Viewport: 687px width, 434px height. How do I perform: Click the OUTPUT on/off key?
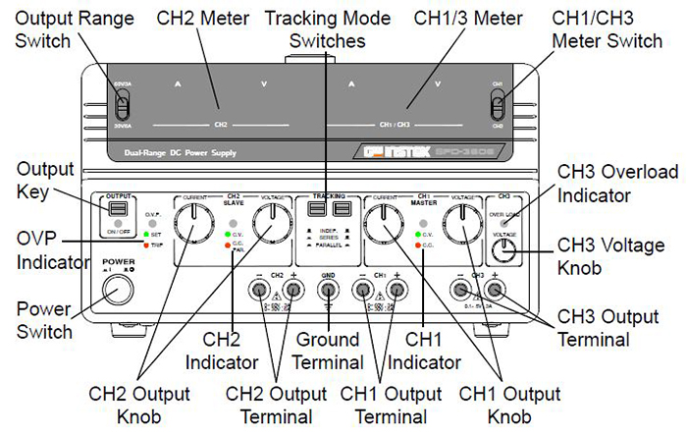(x=118, y=209)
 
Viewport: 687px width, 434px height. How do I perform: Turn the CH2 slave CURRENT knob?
(x=195, y=225)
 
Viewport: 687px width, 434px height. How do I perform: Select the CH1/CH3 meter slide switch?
(x=499, y=106)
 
